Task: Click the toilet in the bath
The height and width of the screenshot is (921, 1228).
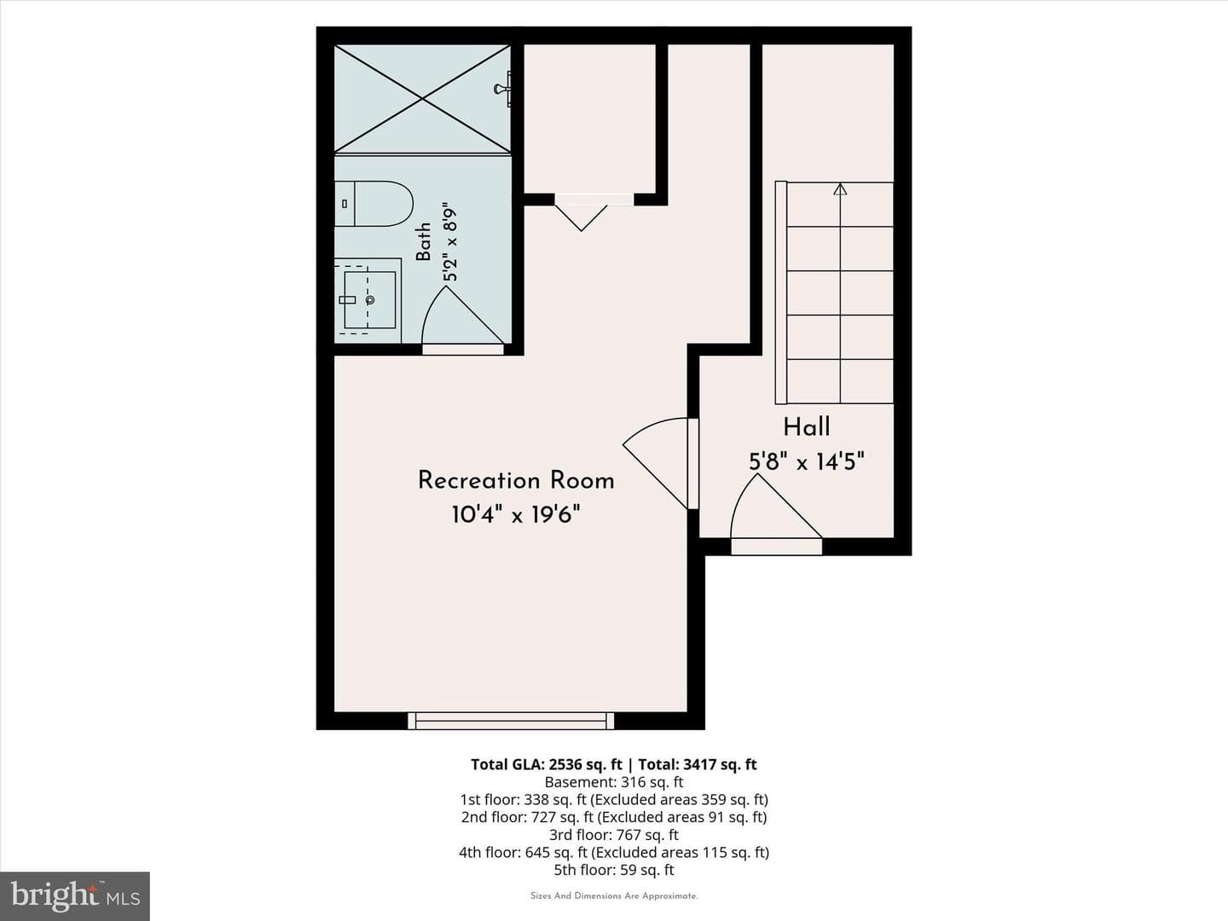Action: tap(374, 204)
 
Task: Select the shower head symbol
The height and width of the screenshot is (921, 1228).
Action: tap(502, 89)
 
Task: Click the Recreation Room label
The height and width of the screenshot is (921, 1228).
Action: tap(516, 481)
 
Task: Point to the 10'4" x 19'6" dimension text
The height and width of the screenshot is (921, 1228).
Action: tap(516, 514)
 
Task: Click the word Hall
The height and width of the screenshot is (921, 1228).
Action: tap(806, 427)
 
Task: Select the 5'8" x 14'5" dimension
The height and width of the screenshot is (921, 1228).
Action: tap(806, 462)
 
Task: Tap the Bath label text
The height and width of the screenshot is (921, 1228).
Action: tap(424, 241)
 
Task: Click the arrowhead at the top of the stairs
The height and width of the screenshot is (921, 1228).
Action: tap(840, 189)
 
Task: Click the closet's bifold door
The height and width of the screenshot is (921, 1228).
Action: tap(582, 212)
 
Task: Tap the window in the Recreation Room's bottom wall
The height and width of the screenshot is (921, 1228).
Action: tap(511, 721)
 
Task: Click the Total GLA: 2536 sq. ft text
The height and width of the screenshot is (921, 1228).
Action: tap(546, 764)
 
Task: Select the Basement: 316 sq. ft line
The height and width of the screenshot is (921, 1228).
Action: tap(614, 782)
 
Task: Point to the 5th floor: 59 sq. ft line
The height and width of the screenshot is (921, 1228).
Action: tap(614, 870)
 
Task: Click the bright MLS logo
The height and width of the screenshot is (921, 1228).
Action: tap(75, 895)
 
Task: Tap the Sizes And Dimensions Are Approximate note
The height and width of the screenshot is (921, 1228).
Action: tap(614, 895)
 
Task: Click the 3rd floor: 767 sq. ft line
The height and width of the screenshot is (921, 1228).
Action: tap(614, 835)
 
